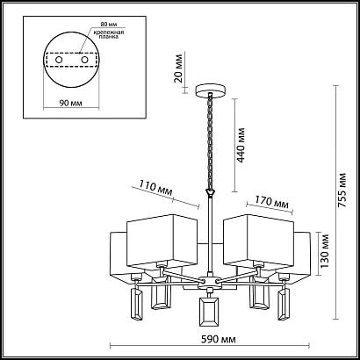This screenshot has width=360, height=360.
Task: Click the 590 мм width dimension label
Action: click(x=219, y=340)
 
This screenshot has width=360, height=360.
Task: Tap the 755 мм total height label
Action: click(x=342, y=191)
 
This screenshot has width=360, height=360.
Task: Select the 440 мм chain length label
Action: click(x=241, y=145)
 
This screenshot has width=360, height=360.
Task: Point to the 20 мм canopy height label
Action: click(x=179, y=68)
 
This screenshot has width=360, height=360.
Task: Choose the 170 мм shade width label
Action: click(x=271, y=203)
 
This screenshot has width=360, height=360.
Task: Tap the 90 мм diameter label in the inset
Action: click(x=70, y=103)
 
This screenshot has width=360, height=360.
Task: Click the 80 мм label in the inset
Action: click(x=106, y=25)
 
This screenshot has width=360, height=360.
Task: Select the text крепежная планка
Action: click(x=109, y=34)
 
